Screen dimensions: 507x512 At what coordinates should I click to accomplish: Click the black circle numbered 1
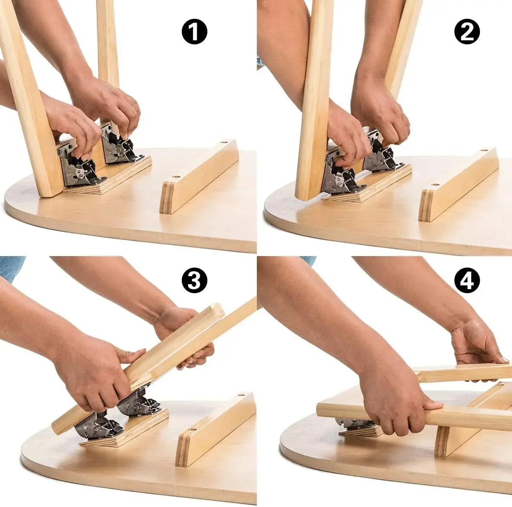click(x=194, y=32)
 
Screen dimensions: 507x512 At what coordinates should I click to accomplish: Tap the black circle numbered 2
click(x=467, y=32)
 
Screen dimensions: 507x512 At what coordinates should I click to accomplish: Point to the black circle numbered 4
click(x=467, y=280)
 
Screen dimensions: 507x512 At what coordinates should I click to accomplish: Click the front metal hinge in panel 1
click(x=77, y=169)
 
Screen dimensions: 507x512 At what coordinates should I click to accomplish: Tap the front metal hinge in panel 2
click(x=339, y=177)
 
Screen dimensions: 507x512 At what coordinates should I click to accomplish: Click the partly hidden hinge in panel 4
click(x=352, y=422)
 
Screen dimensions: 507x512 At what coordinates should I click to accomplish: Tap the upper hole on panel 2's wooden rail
click(x=483, y=151)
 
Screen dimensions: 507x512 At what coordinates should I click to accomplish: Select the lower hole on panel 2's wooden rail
click(x=434, y=186)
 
